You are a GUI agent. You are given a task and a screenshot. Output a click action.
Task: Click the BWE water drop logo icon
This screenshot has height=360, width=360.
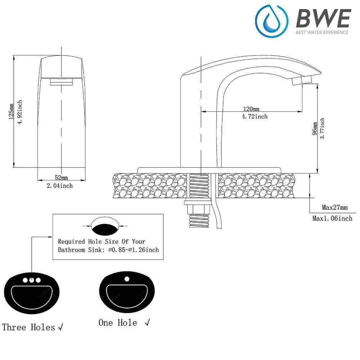click(271, 21)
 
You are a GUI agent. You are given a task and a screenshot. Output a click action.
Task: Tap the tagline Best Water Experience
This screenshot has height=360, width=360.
click(322, 32)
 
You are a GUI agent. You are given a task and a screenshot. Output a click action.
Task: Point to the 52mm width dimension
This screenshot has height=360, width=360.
click(61, 177)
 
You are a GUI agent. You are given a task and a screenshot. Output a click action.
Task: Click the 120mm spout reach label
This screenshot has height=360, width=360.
click(251, 109)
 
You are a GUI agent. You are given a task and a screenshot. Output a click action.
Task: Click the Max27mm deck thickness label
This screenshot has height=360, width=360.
click(335, 208)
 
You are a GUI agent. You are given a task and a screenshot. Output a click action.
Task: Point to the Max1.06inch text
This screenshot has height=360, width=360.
click(332, 218)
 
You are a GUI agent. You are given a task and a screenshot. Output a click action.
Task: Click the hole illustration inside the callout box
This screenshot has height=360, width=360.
click(104, 226)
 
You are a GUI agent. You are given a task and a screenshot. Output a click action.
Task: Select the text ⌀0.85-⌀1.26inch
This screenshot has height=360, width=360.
click(133, 249)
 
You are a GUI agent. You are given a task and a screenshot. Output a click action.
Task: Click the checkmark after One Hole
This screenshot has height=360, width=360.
click(147, 323)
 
